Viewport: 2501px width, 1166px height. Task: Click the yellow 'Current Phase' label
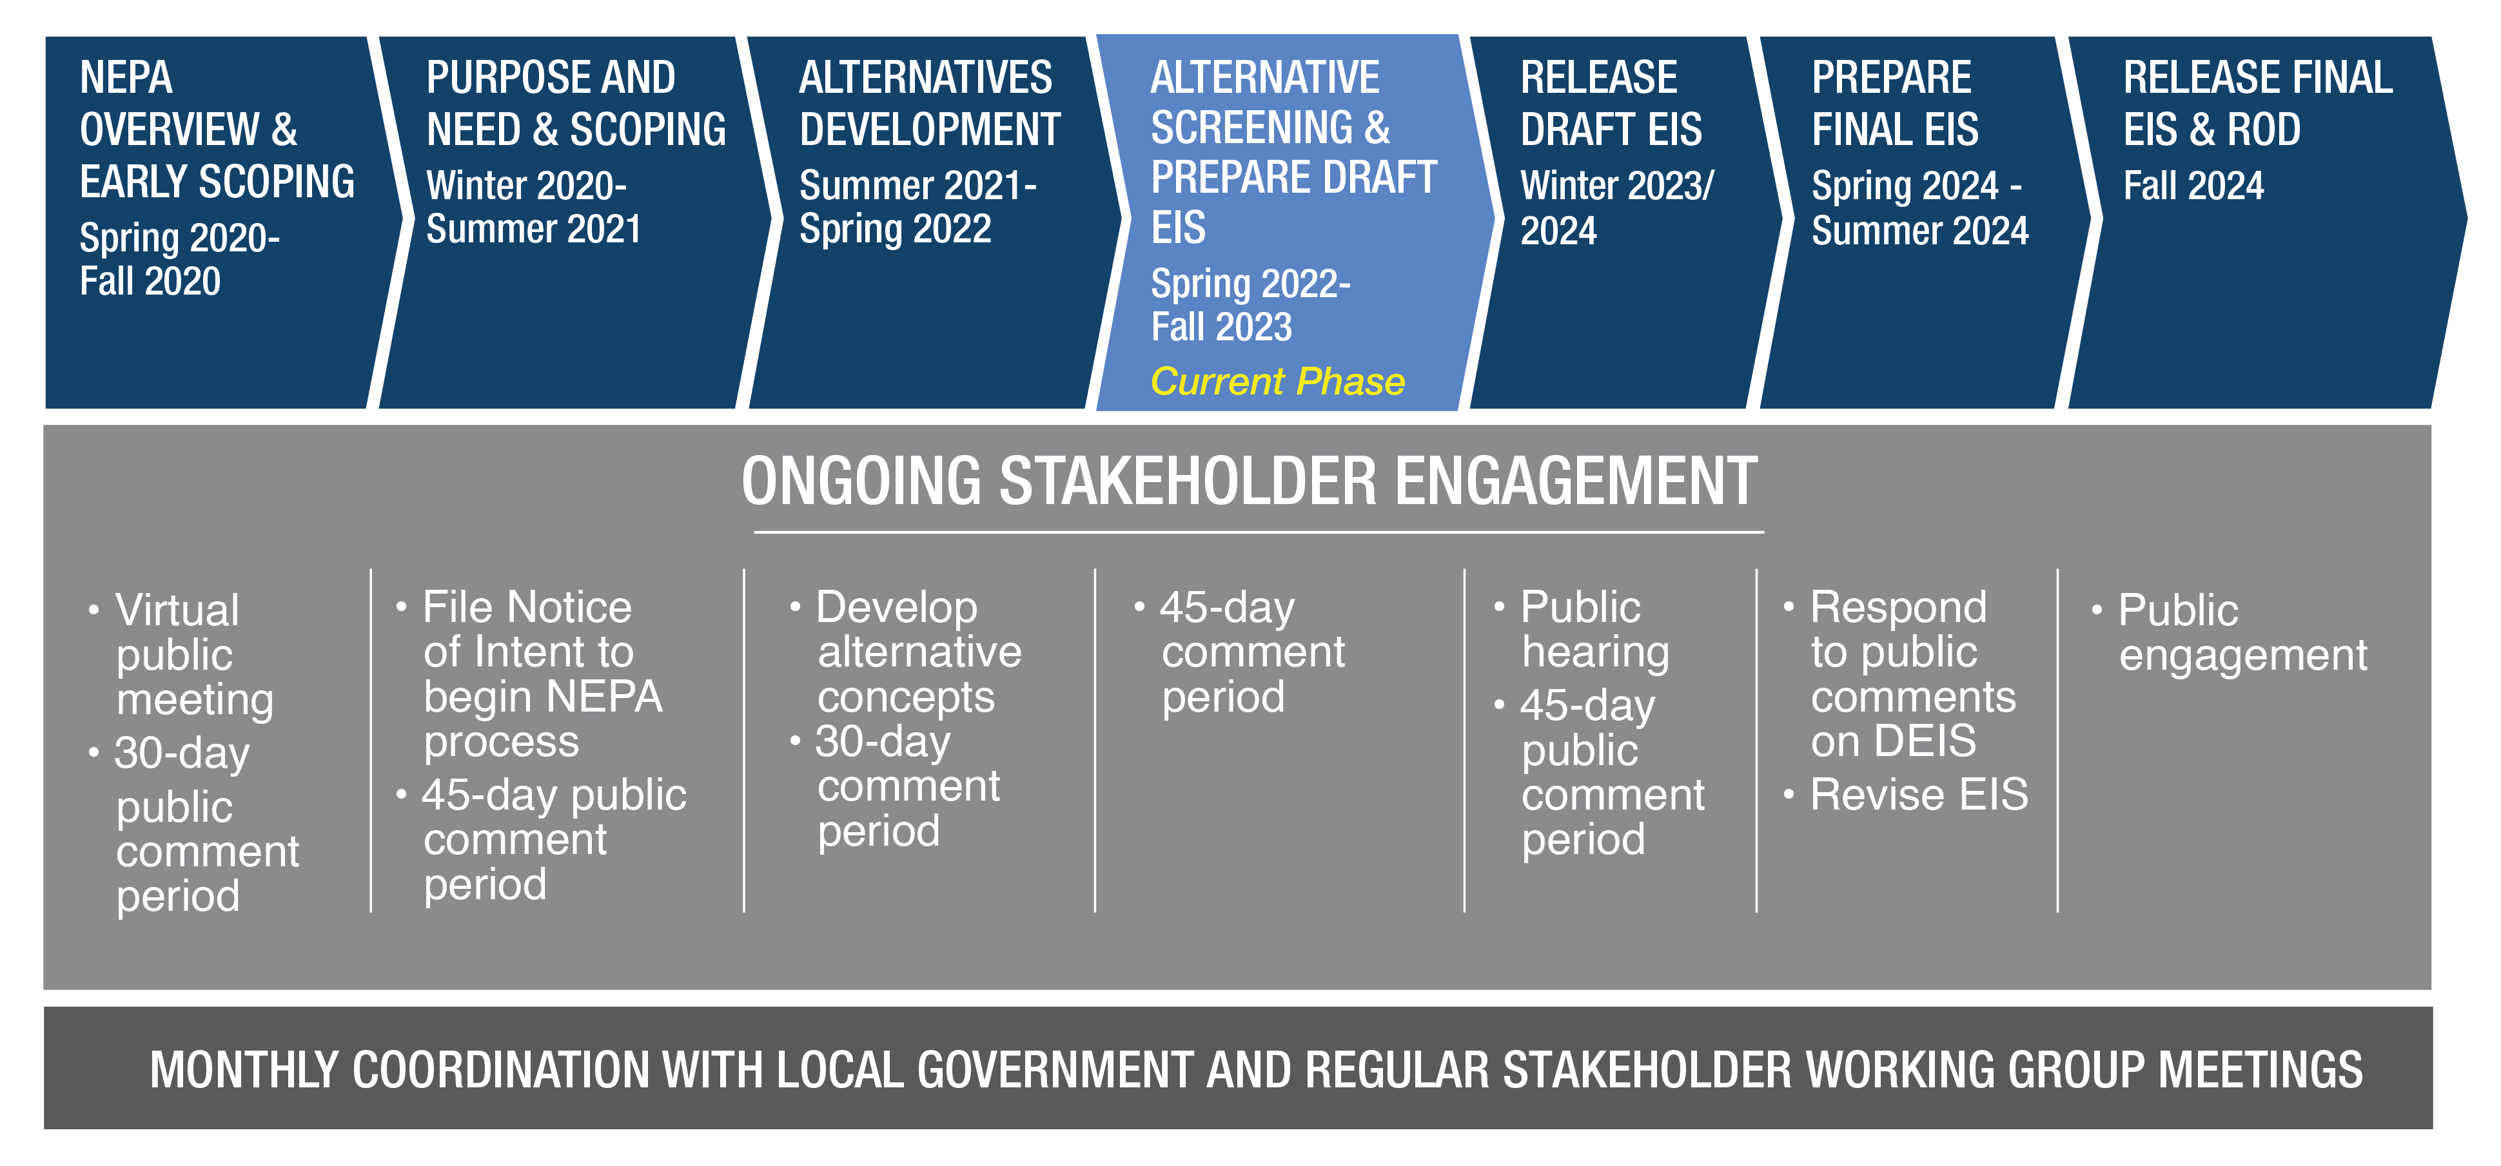tap(1278, 382)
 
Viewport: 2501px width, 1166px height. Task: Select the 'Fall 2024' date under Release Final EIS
tap(2193, 186)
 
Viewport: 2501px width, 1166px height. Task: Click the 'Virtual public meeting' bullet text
tap(194, 656)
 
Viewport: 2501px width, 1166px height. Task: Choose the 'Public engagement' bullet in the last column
tap(2242, 633)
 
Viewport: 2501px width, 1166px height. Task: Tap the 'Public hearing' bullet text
tap(1595, 630)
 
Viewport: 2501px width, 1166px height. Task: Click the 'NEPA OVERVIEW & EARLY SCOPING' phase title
tap(217, 129)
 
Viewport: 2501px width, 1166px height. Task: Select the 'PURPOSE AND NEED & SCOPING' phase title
tap(576, 103)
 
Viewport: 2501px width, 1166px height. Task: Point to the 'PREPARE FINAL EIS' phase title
tap(1895, 103)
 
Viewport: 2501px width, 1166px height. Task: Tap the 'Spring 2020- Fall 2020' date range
tap(180, 259)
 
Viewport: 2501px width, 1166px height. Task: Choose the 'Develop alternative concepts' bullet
tap(919, 652)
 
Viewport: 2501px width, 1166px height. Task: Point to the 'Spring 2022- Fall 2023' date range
tap(1251, 305)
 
